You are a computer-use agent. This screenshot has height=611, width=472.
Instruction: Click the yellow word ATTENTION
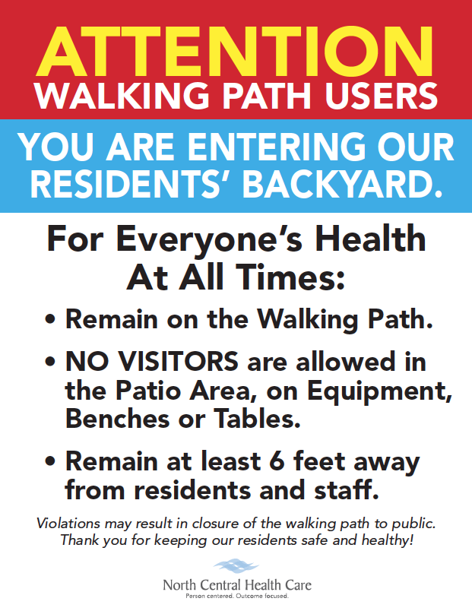point(234,51)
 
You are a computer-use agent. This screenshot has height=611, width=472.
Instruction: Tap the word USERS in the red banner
point(382,96)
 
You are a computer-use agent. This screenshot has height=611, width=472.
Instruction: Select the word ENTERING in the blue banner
point(277,147)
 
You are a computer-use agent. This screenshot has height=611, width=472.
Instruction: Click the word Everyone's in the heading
point(209,240)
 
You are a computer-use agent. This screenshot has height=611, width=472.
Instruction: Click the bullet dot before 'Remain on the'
point(50,319)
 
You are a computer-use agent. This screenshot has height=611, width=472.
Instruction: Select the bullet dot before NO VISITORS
point(50,361)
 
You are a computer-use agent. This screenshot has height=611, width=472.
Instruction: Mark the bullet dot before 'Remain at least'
point(50,461)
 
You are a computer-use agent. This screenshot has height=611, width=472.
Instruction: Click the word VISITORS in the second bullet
point(178,361)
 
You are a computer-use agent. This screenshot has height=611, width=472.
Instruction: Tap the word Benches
point(117,419)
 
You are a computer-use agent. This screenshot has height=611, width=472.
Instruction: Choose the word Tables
point(257,419)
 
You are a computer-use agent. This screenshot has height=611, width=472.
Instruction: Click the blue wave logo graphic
point(236,566)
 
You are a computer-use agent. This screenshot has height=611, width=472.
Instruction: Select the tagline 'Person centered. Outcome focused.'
point(237,597)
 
